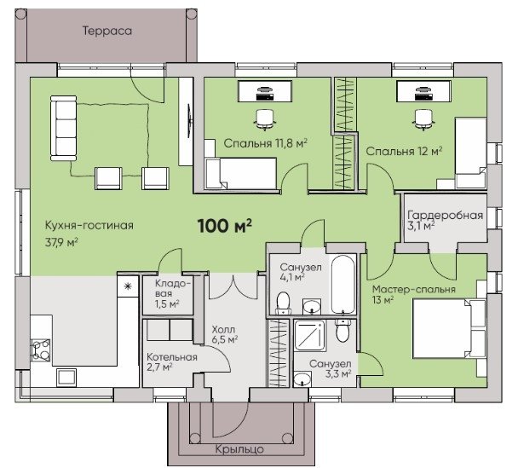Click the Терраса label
click(x=107, y=31)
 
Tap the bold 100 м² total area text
click(x=225, y=226)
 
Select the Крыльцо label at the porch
click(x=239, y=449)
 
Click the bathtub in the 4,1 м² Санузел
click(x=343, y=284)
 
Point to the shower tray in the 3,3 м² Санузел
click(x=309, y=336)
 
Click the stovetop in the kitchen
click(x=41, y=350)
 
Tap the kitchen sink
click(x=66, y=378)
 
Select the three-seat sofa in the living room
click(x=63, y=128)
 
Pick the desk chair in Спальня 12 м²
click(x=423, y=119)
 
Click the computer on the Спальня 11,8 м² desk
click(x=264, y=94)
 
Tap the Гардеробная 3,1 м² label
click(x=445, y=220)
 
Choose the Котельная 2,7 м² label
click(x=172, y=361)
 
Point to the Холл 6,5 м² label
click(x=225, y=334)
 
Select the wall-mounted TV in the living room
click(x=189, y=121)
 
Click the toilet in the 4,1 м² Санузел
click(x=283, y=303)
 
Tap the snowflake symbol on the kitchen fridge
click(x=128, y=286)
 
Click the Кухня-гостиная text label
click(x=89, y=225)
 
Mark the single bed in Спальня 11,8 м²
click(x=240, y=173)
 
